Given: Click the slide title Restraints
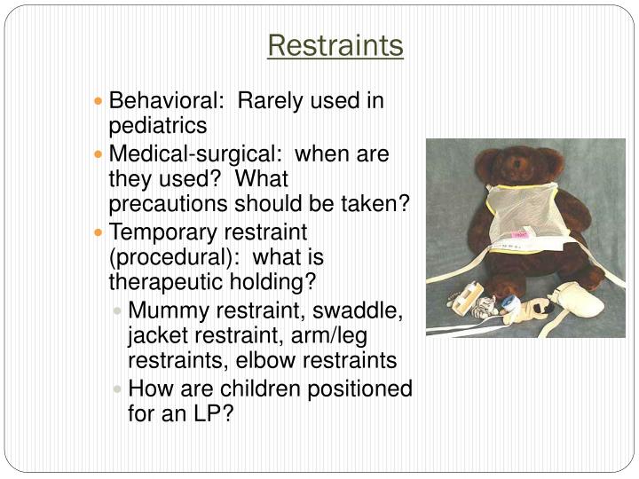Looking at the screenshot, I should pos(335,44).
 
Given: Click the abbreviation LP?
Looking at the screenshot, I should pos(211,413).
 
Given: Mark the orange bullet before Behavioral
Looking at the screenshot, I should pos(99,102).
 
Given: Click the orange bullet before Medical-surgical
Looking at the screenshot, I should pos(99,155).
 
